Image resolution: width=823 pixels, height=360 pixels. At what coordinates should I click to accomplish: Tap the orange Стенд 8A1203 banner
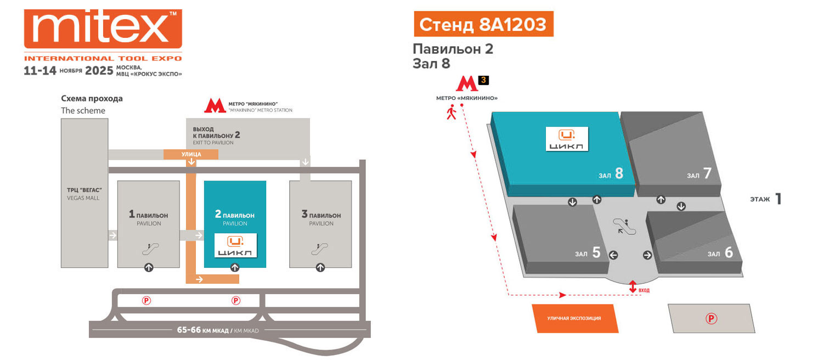pos(483,25)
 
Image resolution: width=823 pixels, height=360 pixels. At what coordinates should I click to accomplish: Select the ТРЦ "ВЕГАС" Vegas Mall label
pos(83,194)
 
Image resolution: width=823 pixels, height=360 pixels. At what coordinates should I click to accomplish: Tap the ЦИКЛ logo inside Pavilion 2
pos(235,246)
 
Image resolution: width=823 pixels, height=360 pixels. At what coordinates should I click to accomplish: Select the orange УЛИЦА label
pos(191,155)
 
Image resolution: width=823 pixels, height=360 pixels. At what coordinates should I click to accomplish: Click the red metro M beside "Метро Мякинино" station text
pos(215,106)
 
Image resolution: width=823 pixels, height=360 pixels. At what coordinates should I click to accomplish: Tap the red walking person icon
pos(452,113)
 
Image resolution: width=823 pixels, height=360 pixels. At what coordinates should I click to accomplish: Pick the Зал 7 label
pos(699,174)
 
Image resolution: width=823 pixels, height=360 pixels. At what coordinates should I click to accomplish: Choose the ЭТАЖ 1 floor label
pos(765,199)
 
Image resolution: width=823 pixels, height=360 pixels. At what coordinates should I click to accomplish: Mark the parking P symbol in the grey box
pos(711,318)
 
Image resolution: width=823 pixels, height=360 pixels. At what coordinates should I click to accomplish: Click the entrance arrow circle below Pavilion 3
pos(320,268)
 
